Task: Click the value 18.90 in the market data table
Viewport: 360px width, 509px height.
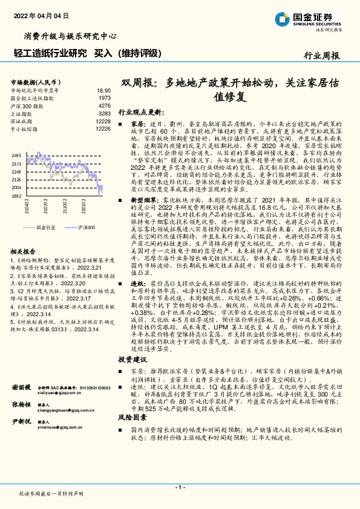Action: [x=104, y=89]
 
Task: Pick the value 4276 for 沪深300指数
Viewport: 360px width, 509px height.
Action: [x=104, y=105]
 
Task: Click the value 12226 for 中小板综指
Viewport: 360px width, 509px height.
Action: [x=102, y=129]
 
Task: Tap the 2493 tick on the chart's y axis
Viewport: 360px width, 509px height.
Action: [x=16, y=156]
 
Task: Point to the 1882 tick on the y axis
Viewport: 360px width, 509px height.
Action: [x=16, y=196]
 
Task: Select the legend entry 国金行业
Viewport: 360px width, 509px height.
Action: [x=46, y=227]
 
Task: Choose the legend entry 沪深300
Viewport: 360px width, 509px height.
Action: [x=86, y=227]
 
